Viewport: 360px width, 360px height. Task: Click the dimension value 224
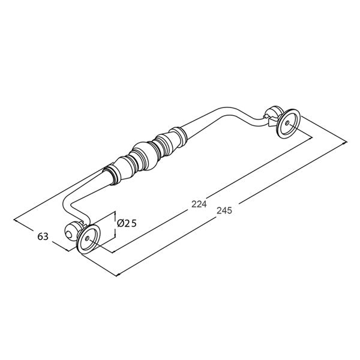199,204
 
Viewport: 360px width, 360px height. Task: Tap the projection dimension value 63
42,237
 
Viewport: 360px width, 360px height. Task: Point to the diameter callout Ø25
127,223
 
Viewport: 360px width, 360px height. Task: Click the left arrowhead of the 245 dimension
116,275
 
